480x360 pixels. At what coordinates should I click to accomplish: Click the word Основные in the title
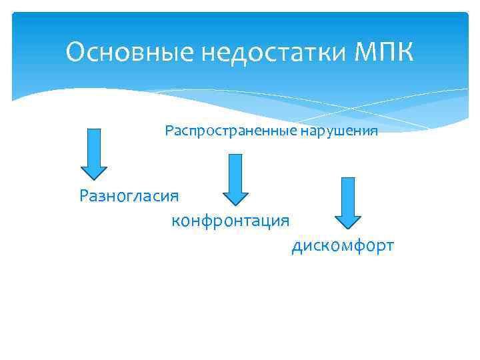117,52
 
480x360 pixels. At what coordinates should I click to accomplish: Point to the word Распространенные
231,131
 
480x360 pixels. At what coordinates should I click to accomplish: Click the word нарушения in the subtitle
339,131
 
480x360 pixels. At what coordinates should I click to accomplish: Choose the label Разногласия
129,196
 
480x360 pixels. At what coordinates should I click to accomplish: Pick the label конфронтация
230,221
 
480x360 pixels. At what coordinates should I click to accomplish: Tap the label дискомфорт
343,247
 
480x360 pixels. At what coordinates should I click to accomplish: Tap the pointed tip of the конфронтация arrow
235,202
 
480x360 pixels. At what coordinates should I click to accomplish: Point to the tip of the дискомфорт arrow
347,227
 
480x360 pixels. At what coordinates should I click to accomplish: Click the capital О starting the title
75,52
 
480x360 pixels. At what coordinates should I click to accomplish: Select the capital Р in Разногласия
84,196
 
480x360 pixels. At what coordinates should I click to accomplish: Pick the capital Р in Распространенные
169,131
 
